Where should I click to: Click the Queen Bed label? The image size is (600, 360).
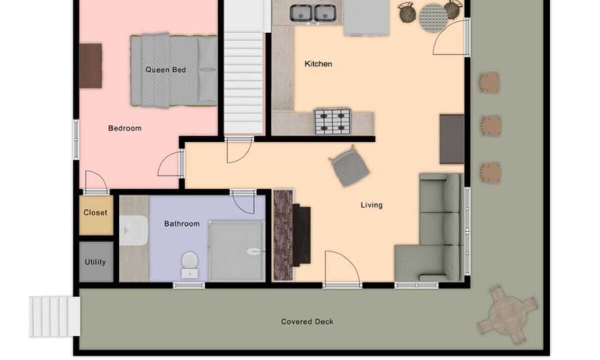click(x=165, y=70)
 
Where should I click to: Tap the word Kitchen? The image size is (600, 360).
click(x=318, y=64)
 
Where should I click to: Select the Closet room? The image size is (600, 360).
click(x=96, y=215)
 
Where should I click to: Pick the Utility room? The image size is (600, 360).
click(x=96, y=261)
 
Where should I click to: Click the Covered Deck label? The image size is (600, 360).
click(x=307, y=321)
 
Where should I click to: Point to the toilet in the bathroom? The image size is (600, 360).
click(x=190, y=264)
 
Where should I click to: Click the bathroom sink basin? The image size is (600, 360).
click(x=133, y=230)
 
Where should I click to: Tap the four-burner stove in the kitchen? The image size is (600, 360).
click(x=332, y=121)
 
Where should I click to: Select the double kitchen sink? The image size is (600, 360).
click(x=313, y=13)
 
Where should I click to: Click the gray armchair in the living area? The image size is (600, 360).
click(x=349, y=166)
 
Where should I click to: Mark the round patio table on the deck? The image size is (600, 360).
click(x=507, y=314)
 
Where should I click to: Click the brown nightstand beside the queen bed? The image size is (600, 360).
click(x=90, y=66)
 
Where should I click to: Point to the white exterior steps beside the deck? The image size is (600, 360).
click(x=54, y=316)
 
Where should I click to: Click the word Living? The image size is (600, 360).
click(x=371, y=205)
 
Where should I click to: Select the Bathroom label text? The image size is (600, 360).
click(x=182, y=223)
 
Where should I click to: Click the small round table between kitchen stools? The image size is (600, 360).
click(x=433, y=17)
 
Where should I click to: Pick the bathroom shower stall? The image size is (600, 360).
click(x=236, y=250)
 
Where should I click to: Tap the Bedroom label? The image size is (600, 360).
click(x=125, y=128)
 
